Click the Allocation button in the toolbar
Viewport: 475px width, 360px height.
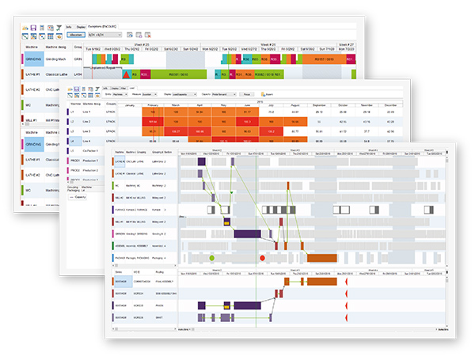coord(77,36)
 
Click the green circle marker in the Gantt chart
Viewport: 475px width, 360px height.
coord(211,258)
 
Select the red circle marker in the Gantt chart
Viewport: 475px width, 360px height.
coord(263,258)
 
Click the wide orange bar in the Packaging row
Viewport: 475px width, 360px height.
coord(322,258)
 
